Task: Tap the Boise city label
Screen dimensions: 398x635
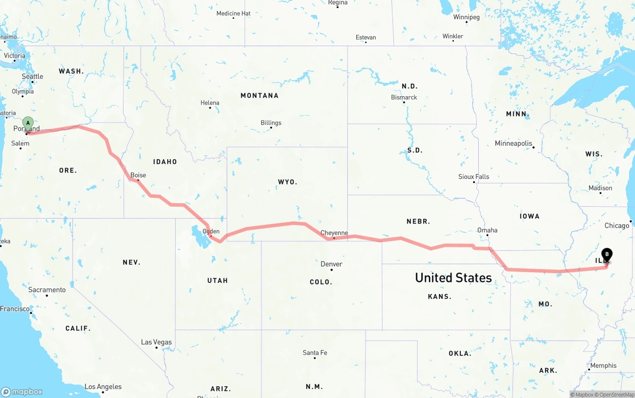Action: (138, 175)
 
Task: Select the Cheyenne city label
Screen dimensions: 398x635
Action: (334, 232)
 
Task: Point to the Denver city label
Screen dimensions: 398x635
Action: (331, 264)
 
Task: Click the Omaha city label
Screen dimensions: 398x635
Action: (487, 230)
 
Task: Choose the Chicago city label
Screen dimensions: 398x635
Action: (616, 226)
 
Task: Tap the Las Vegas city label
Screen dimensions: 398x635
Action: (156, 342)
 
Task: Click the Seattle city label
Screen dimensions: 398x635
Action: (32, 76)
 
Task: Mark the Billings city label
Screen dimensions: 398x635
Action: (271, 122)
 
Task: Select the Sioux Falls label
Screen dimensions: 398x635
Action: (473, 176)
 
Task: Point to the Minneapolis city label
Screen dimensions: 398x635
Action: (513, 143)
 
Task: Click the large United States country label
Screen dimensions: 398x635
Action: (453, 278)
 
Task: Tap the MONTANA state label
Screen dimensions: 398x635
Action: (259, 95)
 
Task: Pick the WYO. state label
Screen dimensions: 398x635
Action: (287, 182)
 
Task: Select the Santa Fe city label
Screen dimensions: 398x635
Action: (315, 352)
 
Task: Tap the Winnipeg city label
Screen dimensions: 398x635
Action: (466, 17)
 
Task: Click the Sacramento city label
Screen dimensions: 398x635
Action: (47, 289)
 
